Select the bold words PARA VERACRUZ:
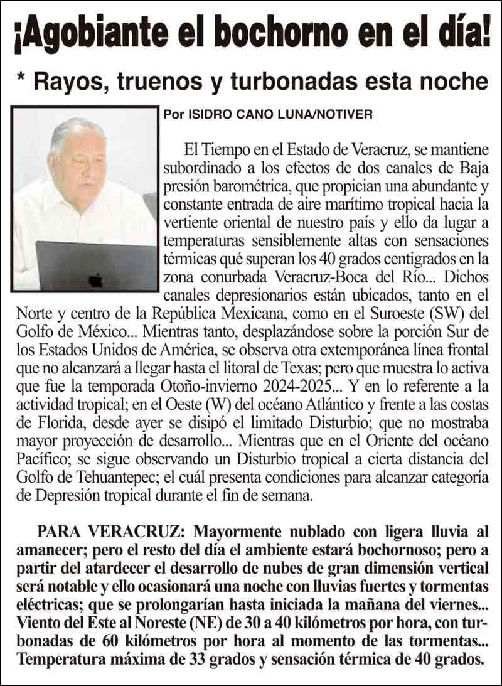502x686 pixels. point(110,533)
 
